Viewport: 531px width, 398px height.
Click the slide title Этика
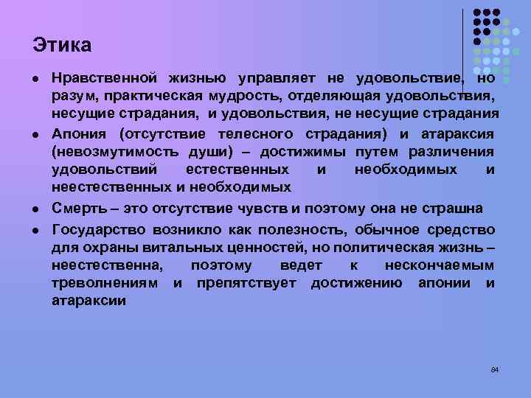coord(62,45)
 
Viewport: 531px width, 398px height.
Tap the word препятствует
coord(247,284)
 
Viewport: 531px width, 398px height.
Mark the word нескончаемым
coord(440,265)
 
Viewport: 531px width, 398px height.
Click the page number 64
coord(495,369)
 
